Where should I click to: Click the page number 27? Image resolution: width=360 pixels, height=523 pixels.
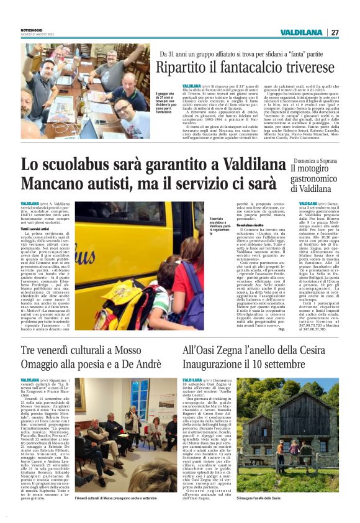[335, 32]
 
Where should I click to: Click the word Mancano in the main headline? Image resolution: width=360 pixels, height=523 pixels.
[50, 184]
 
